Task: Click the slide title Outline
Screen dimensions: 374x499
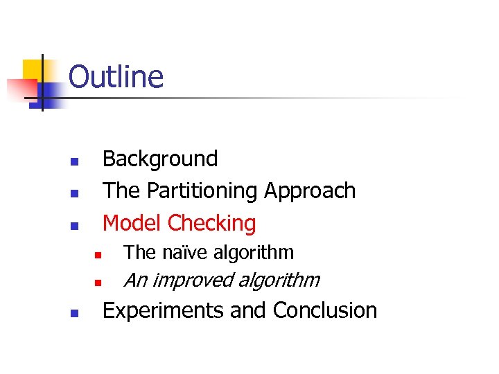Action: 116,76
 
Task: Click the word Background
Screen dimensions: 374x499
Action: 159,159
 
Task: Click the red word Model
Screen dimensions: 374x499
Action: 132,223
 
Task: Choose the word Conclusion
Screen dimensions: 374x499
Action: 325,310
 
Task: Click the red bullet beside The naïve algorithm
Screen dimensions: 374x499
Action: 98,256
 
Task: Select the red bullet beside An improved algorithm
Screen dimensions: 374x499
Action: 98,283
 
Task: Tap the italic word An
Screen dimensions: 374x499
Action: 134,280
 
